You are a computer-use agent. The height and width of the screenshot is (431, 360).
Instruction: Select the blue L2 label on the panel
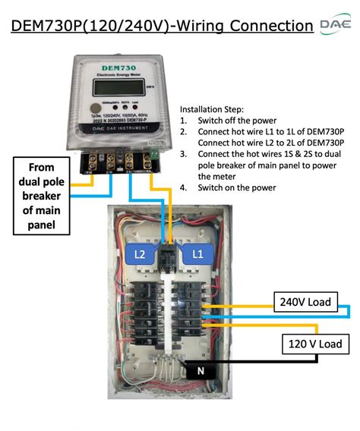pyautogui.click(x=141, y=253)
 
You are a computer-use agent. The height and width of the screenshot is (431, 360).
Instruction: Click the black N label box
pyautogui.click(x=200, y=371)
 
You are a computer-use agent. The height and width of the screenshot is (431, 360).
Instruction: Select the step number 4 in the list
pyautogui.click(x=183, y=187)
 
